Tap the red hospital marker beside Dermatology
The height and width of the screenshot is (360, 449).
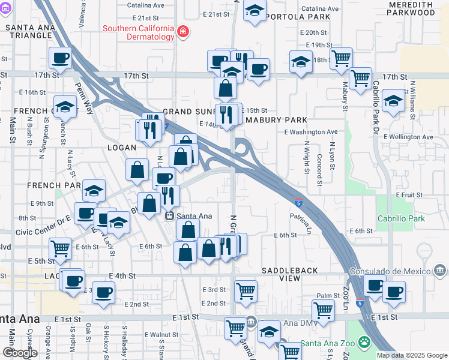[x=182, y=32]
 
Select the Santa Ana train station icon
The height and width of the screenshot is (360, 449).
[x=170, y=216]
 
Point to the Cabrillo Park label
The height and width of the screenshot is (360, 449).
[x=400, y=218]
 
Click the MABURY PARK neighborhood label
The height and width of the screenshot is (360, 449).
[x=276, y=119]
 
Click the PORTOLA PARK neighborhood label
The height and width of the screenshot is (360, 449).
[x=298, y=17]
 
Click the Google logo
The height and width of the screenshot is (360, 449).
[x=20, y=353]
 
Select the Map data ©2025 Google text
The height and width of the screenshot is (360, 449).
[x=412, y=355]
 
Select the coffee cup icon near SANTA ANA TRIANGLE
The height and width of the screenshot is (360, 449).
[x=60, y=58]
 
